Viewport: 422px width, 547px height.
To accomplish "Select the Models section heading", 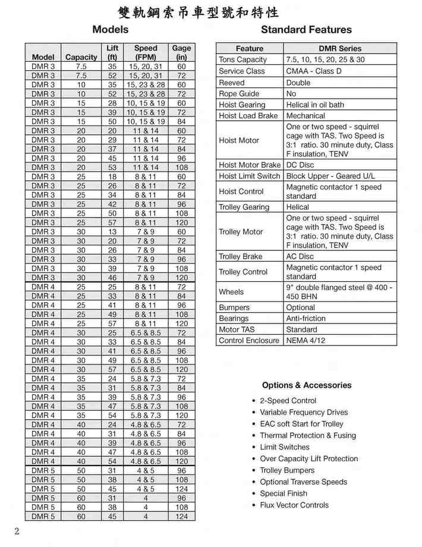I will point(111,29).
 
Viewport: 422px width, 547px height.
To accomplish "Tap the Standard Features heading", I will point(306,29).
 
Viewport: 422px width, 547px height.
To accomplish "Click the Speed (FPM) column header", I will point(146,52).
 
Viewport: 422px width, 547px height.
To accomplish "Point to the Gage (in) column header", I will point(181,52).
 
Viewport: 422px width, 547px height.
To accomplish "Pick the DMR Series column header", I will point(339,48).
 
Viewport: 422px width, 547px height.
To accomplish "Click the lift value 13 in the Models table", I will point(112,232).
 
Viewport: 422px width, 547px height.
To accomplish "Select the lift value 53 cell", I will point(112,168).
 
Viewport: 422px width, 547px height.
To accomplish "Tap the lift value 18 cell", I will point(112,177).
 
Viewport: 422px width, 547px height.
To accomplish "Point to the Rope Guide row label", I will point(239,93).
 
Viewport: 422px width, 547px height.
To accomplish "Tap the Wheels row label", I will point(231,292).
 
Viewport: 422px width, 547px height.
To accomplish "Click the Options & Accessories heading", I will point(307,385).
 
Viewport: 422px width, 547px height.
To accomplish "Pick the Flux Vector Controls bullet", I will point(294,505).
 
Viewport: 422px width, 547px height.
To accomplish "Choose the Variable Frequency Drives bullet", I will point(304,412).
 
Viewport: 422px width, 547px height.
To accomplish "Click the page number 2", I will point(17,531).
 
